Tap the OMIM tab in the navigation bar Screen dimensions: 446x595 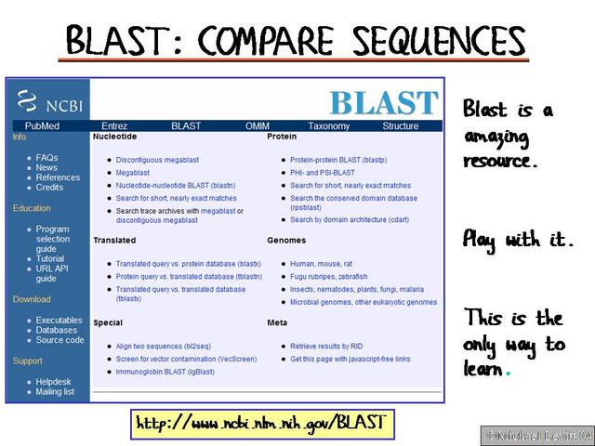[x=258, y=126]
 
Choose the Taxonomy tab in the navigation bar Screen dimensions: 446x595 [x=329, y=126]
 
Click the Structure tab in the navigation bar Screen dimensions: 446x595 [x=400, y=126]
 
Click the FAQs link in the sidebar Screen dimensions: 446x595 [x=46, y=158]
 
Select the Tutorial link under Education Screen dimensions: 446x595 [x=52, y=259]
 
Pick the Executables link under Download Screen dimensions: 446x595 [x=59, y=321]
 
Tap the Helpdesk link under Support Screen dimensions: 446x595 [x=54, y=382]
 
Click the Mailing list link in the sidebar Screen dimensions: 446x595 [x=55, y=392]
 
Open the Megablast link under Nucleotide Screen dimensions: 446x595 [x=133, y=173]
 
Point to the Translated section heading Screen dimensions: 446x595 [x=114, y=240]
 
